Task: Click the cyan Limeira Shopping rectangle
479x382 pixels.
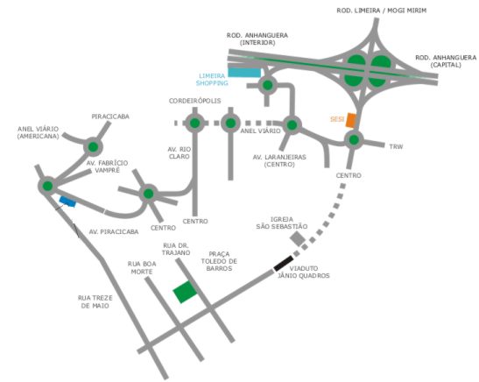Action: click(x=244, y=73)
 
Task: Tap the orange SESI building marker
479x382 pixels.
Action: click(x=351, y=120)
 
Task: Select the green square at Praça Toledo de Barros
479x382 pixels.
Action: click(x=185, y=292)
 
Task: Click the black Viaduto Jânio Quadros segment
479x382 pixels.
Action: click(x=283, y=264)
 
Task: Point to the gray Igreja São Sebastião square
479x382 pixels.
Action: click(x=298, y=238)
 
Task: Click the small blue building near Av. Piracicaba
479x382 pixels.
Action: click(x=67, y=202)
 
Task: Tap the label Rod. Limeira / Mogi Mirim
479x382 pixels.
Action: click(x=382, y=11)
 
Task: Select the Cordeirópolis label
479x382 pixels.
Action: click(x=195, y=101)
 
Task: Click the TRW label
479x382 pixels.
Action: click(x=396, y=146)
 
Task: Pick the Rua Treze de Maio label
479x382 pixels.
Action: click(x=95, y=301)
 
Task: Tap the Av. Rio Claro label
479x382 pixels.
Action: click(x=179, y=152)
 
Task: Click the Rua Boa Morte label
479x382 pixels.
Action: click(x=142, y=268)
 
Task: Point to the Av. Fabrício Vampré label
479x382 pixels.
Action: click(x=107, y=166)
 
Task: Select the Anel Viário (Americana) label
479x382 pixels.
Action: click(x=39, y=132)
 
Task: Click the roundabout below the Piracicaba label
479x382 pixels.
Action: click(x=93, y=147)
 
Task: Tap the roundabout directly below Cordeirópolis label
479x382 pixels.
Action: click(x=195, y=124)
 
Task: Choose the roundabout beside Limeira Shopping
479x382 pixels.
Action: click(x=268, y=85)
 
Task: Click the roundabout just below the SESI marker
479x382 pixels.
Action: click(x=354, y=140)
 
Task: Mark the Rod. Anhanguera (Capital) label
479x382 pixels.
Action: click(x=446, y=61)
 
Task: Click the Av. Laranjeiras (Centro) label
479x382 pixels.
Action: click(x=279, y=160)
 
